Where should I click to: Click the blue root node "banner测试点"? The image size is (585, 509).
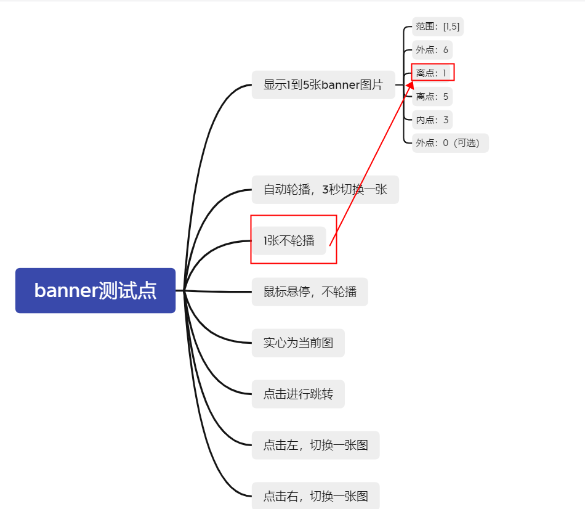(x=95, y=290)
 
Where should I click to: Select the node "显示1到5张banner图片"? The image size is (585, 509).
(x=323, y=84)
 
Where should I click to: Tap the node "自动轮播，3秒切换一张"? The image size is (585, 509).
(x=325, y=189)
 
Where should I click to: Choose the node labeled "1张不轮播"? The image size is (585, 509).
(x=289, y=240)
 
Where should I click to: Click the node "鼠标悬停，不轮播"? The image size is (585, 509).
(x=310, y=291)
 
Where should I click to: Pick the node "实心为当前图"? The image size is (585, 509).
(x=298, y=343)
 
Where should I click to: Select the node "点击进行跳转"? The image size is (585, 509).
(x=298, y=394)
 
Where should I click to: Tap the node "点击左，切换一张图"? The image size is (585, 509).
(x=315, y=445)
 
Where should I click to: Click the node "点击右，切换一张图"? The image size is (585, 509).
(x=315, y=495)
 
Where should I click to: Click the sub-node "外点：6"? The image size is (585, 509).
(x=432, y=50)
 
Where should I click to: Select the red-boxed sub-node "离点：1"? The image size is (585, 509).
(x=432, y=73)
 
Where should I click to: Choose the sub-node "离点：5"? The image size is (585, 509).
(x=432, y=96)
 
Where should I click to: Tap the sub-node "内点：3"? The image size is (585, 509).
(x=432, y=120)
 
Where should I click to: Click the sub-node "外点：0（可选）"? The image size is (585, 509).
(x=450, y=143)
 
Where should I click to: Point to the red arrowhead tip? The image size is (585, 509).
(x=412, y=78)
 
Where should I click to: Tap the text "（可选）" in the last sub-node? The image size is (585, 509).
(x=467, y=143)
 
